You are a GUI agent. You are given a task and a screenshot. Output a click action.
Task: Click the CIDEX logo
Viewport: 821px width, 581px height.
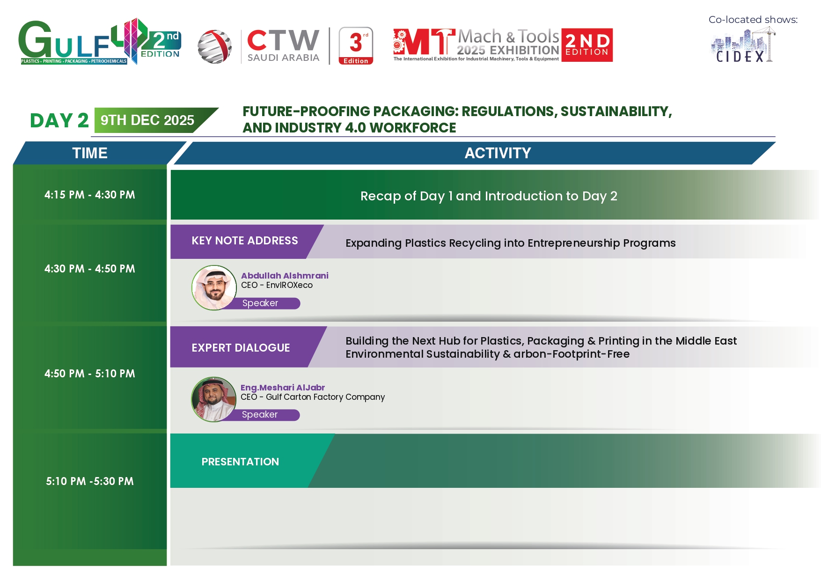tap(743, 45)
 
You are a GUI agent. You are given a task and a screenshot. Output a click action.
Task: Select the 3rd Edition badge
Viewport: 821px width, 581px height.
tap(356, 46)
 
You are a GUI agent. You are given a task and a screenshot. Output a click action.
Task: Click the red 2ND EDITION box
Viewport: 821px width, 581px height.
tap(587, 45)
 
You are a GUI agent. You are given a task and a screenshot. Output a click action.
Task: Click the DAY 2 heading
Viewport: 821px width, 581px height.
tap(59, 120)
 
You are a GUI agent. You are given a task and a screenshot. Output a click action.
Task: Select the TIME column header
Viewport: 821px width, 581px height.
tap(90, 153)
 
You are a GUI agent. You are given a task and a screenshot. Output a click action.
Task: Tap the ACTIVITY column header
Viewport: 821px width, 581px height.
tap(498, 153)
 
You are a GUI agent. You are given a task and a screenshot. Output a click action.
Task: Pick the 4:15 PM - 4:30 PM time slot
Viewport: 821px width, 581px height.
tap(90, 195)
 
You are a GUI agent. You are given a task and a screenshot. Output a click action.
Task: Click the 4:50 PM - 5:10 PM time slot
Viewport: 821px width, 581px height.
tap(90, 374)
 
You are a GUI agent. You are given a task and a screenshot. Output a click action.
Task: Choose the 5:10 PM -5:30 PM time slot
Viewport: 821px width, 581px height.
tap(90, 481)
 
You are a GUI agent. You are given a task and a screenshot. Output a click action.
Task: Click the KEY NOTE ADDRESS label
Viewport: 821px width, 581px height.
tap(245, 241)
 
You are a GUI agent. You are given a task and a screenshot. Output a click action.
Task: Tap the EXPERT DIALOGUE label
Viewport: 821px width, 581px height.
tap(241, 348)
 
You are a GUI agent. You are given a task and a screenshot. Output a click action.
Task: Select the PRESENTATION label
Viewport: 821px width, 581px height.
tap(240, 462)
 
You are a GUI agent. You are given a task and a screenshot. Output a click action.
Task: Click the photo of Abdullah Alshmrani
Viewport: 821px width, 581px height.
tap(214, 287)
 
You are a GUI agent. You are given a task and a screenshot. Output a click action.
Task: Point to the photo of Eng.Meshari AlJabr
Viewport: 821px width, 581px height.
tap(214, 399)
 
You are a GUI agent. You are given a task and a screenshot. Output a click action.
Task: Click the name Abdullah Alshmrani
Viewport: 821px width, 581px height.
tap(285, 276)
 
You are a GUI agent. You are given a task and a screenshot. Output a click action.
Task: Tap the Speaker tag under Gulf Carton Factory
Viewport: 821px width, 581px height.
tap(260, 415)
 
